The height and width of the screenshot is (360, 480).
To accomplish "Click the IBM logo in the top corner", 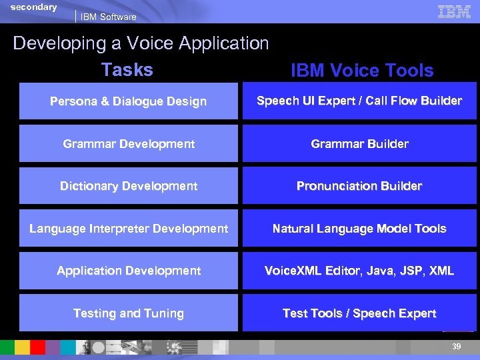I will click(x=454, y=11).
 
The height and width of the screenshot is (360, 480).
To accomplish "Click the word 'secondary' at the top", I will click(x=34, y=7).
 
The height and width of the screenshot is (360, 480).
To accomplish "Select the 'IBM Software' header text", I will click(x=108, y=17).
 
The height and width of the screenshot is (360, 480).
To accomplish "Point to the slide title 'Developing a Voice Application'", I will click(x=141, y=43).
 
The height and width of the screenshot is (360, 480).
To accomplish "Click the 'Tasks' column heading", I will click(x=127, y=69).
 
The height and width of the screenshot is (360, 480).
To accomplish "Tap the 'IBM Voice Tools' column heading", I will click(x=362, y=71).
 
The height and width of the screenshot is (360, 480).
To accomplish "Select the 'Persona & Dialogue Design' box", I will click(x=128, y=101).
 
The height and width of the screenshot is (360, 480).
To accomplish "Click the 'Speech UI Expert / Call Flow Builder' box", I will click(x=359, y=101).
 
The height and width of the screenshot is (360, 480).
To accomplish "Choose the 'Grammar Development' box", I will click(x=128, y=143).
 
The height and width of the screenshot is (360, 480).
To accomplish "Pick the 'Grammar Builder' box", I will click(x=359, y=143).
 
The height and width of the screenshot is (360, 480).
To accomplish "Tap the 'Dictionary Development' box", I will click(x=128, y=186).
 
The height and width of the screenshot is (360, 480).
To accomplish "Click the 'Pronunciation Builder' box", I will click(x=359, y=186).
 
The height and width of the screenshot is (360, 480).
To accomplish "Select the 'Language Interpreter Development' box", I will click(x=128, y=229).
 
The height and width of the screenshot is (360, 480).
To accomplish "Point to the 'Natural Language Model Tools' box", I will click(x=359, y=229).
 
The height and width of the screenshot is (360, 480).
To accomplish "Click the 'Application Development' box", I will click(x=128, y=271).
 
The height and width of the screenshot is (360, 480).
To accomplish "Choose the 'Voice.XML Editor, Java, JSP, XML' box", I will click(x=359, y=271).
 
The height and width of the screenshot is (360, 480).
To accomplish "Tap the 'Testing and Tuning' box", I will click(x=128, y=313).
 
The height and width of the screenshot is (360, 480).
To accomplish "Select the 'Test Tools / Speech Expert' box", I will click(x=359, y=313).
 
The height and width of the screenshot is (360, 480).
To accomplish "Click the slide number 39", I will click(x=456, y=347).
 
